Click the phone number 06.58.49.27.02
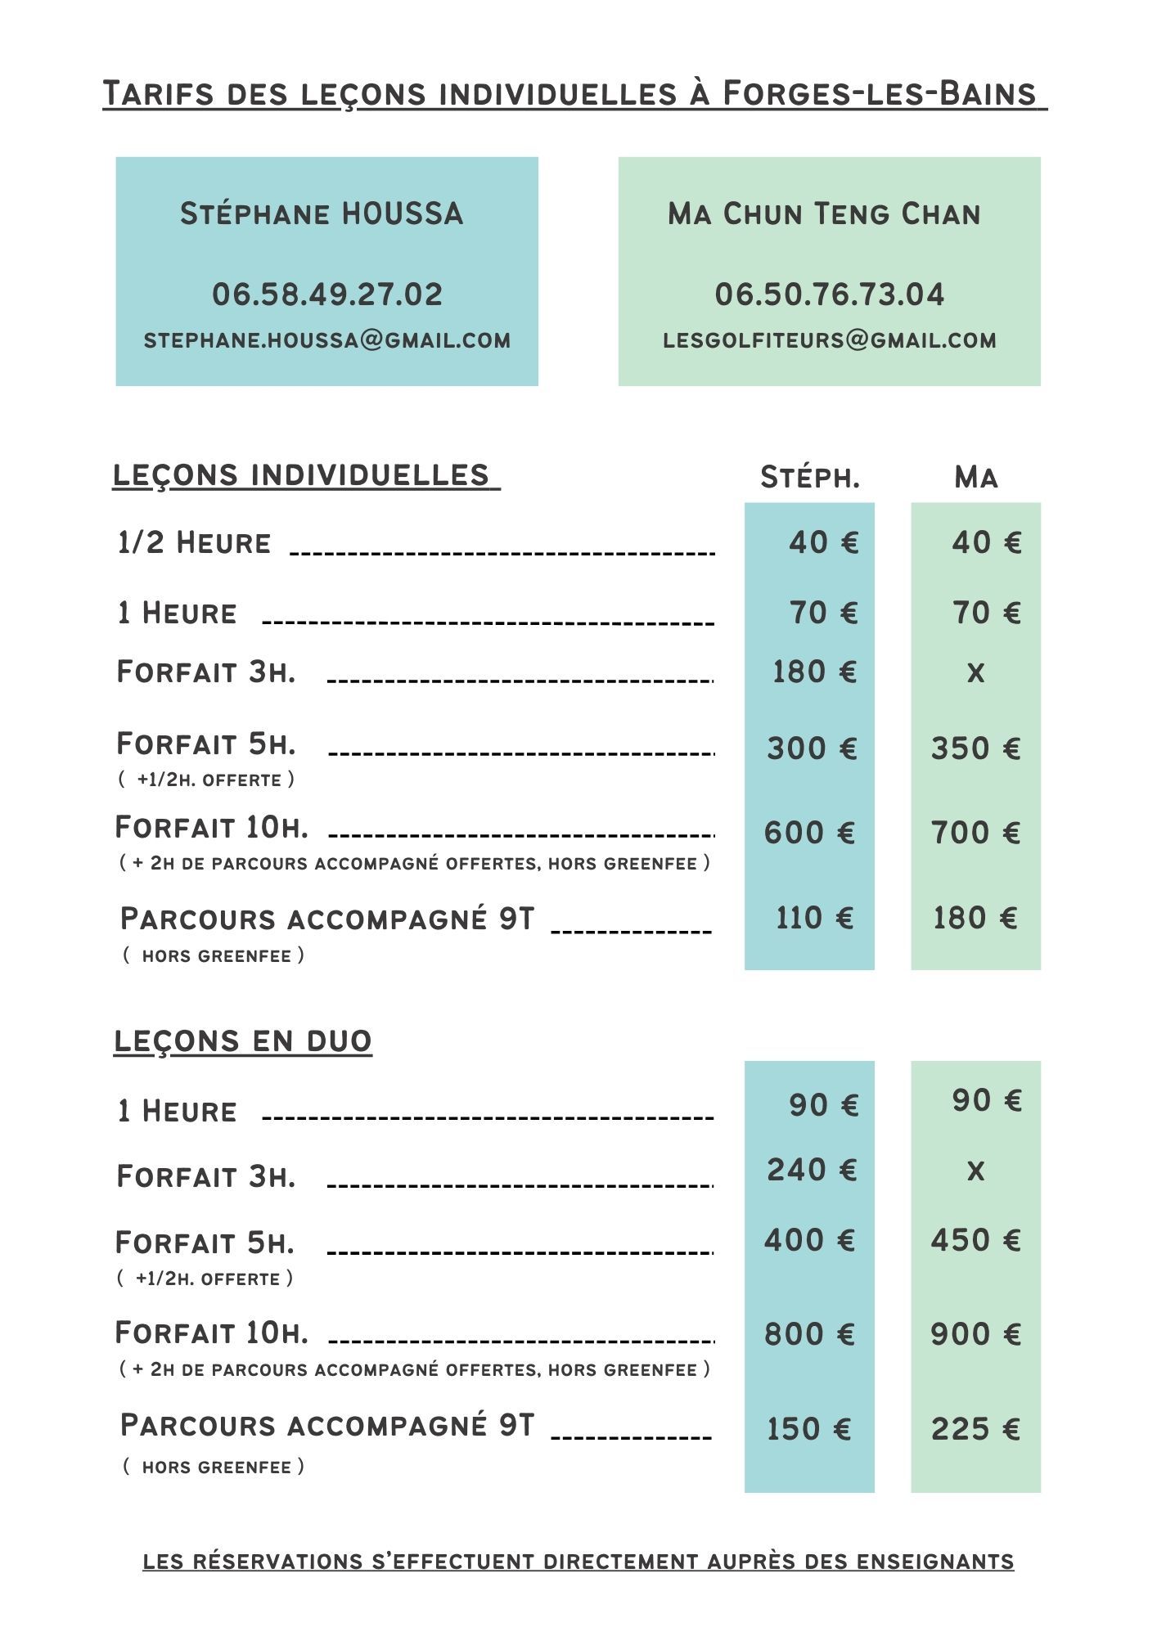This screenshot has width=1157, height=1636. point(327,294)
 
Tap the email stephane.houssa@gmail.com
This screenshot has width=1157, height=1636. point(327,340)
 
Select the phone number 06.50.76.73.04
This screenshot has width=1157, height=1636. point(830,294)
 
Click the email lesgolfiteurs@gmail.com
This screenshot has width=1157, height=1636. point(830,340)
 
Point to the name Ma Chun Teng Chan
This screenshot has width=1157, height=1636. point(824,214)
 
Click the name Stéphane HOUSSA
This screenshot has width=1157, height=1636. point(322,214)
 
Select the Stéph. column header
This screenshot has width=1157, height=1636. point(810,477)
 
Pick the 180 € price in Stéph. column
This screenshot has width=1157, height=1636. point(814,672)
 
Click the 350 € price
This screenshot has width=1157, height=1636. point(975,748)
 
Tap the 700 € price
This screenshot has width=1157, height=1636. point(975,833)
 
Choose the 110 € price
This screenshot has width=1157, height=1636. point(814,918)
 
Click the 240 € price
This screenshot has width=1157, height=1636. point(812,1170)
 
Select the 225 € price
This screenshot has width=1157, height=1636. point(975,1429)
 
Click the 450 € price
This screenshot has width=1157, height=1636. point(975,1240)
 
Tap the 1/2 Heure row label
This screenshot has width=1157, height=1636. point(194,543)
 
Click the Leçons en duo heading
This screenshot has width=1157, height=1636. point(242,1040)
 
